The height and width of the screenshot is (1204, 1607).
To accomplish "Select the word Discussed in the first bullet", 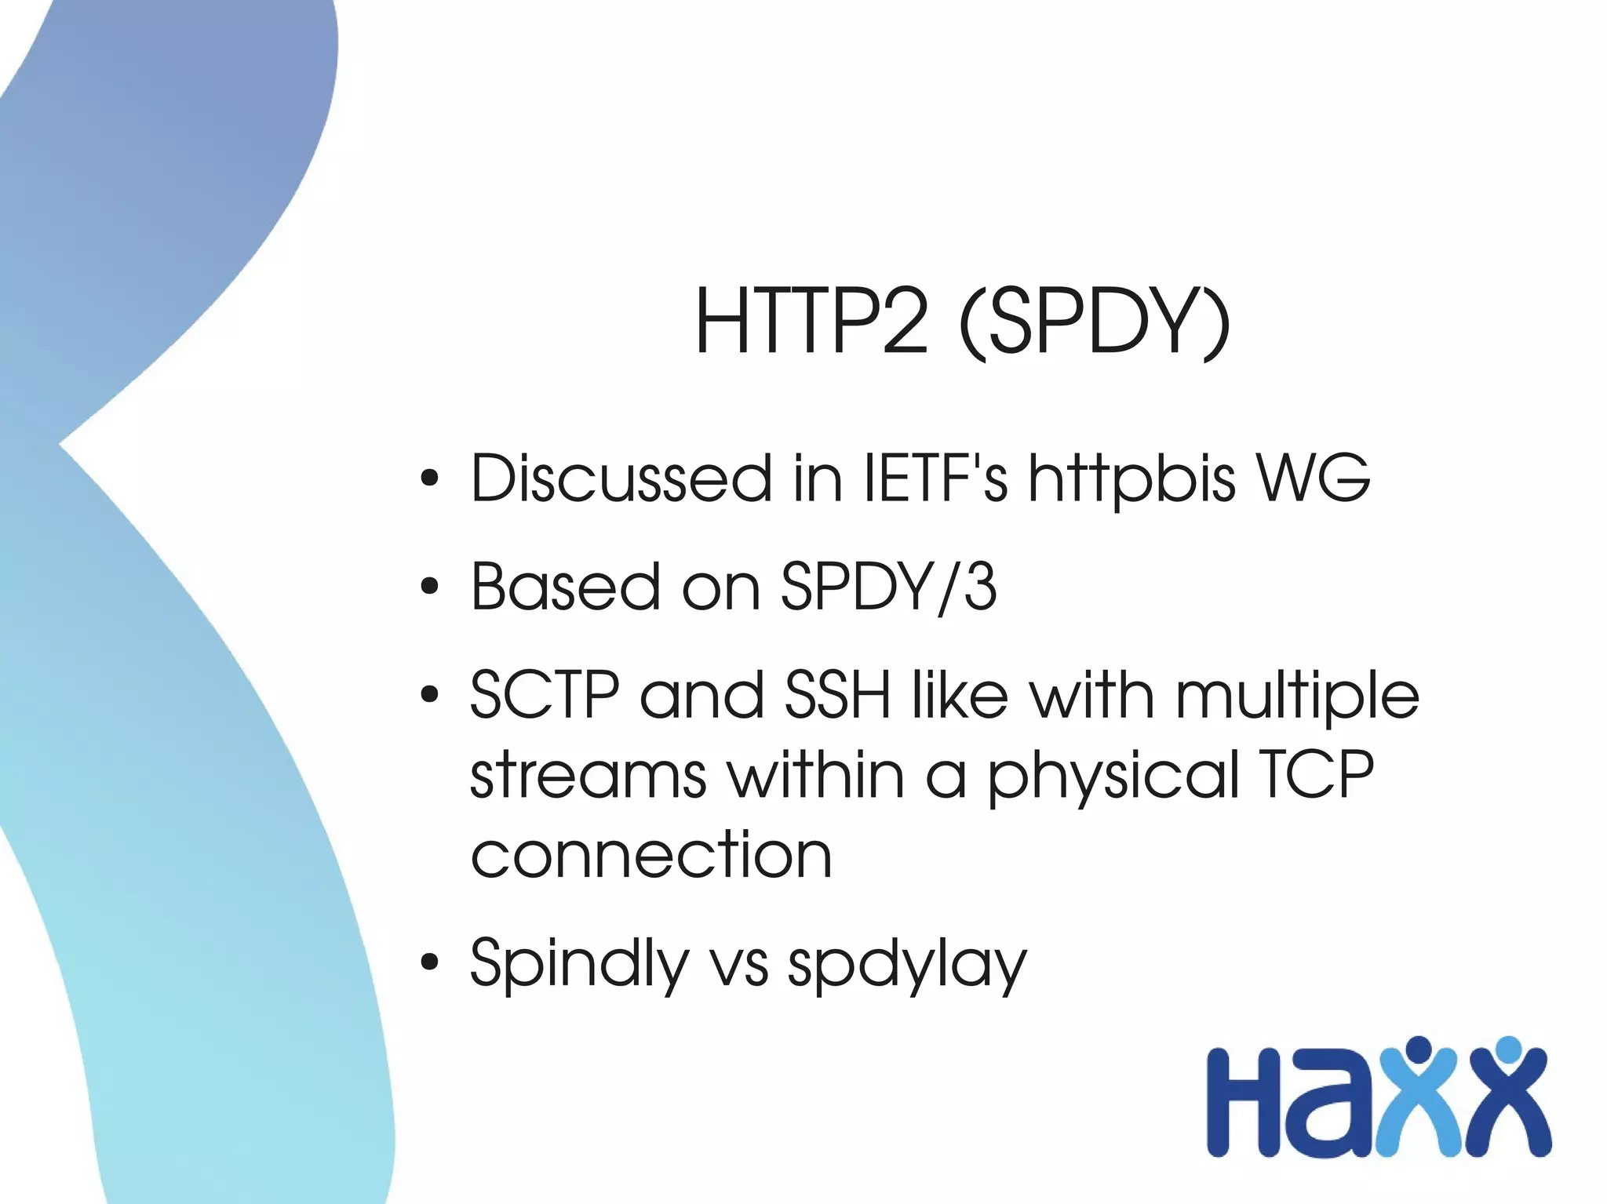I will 621,478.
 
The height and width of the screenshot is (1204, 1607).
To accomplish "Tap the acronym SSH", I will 837,695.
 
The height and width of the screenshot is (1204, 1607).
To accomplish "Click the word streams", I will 589,775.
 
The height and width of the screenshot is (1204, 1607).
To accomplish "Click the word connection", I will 650,855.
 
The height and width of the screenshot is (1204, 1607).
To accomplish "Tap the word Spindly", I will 579,965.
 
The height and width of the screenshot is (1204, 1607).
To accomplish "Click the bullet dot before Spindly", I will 428,962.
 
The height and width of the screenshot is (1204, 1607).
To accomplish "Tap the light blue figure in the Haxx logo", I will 1417,1098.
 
